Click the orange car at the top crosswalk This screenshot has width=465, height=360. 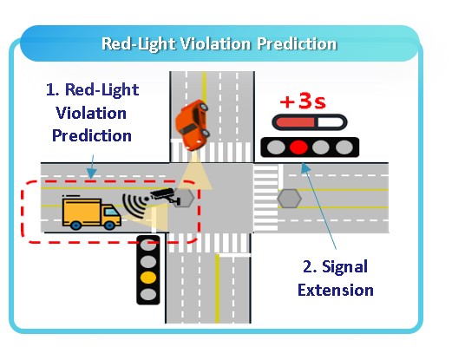[192, 125]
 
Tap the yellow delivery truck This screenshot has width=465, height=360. [91, 213]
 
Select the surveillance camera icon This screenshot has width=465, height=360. [166, 196]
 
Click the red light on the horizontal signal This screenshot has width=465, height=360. [298, 147]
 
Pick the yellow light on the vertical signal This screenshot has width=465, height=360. [148, 278]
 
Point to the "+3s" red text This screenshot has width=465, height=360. [303, 101]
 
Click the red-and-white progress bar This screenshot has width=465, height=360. [310, 122]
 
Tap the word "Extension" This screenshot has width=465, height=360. [336, 290]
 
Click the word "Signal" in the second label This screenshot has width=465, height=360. [345, 267]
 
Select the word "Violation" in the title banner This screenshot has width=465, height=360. [216, 44]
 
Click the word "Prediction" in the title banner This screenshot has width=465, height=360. [297, 44]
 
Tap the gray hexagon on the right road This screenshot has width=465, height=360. [289, 198]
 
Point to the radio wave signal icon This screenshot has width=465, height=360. [135, 206]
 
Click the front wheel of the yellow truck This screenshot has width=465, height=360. [109, 225]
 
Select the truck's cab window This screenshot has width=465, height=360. [111, 212]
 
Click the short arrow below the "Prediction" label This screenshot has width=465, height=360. [92, 167]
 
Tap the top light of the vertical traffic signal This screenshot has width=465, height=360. [148, 245]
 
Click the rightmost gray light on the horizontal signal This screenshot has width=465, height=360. [344, 147]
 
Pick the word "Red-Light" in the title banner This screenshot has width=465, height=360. [138, 44]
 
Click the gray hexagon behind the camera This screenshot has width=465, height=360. [185, 197]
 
